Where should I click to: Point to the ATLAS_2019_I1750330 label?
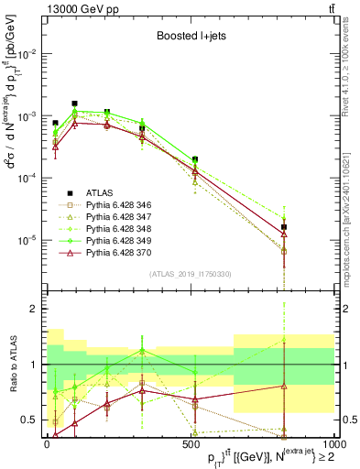[189, 274]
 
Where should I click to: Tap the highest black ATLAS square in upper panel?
[74, 104]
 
